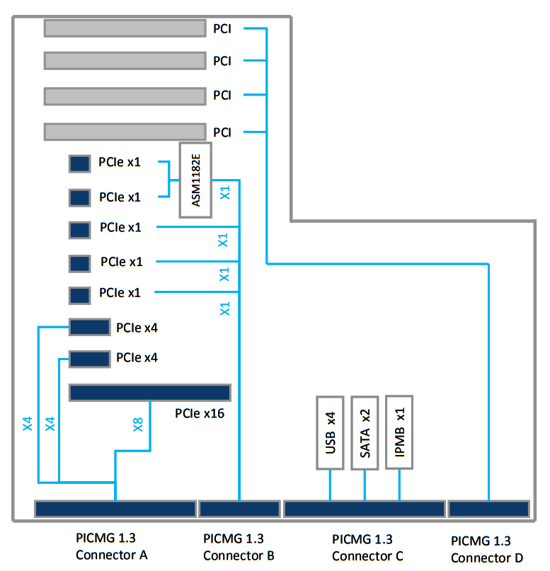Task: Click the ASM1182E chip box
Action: tap(195, 180)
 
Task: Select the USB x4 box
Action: tap(329, 432)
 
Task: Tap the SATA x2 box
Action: tap(365, 432)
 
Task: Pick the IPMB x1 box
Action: tap(399, 432)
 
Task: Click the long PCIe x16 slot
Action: tap(150, 393)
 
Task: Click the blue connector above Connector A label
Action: tap(115, 509)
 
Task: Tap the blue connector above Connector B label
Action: tap(239, 509)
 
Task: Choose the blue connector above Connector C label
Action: tap(364, 509)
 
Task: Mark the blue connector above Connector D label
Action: tap(489, 509)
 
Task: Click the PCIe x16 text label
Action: tap(200, 413)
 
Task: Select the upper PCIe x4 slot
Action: tap(90, 327)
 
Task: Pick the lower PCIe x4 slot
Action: tap(90, 358)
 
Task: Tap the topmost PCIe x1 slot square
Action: tap(79, 164)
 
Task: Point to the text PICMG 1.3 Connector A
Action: tap(111, 547)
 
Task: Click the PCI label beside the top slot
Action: tap(222, 29)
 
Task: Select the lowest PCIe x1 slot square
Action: tap(79, 294)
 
